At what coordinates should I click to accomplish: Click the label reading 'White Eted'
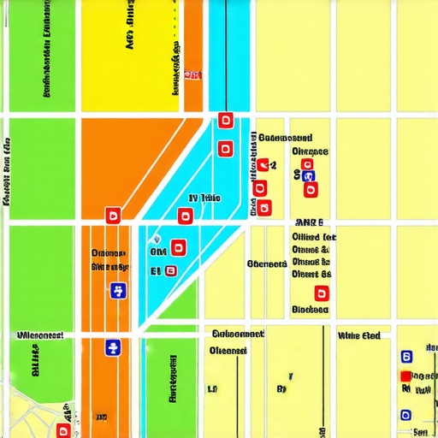(x=359, y=335)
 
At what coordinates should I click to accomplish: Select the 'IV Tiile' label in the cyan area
(x=204, y=198)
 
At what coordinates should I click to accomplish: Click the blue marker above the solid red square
(x=406, y=355)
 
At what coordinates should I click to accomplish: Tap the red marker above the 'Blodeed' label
(x=323, y=293)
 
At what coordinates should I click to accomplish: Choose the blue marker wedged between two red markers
(x=309, y=176)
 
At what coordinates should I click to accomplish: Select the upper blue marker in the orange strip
(x=118, y=291)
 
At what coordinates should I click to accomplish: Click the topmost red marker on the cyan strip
(x=226, y=120)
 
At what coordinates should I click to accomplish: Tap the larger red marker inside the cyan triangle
(x=178, y=248)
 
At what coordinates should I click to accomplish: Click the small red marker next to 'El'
(x=170, y=270)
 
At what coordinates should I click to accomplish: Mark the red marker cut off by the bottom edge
(x=62, y=429)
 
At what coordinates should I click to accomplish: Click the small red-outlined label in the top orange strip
(x=194, y=75)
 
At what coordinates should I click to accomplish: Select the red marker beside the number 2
(x=263, y=164)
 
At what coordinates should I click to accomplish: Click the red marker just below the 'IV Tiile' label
(x=185, y=216)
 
